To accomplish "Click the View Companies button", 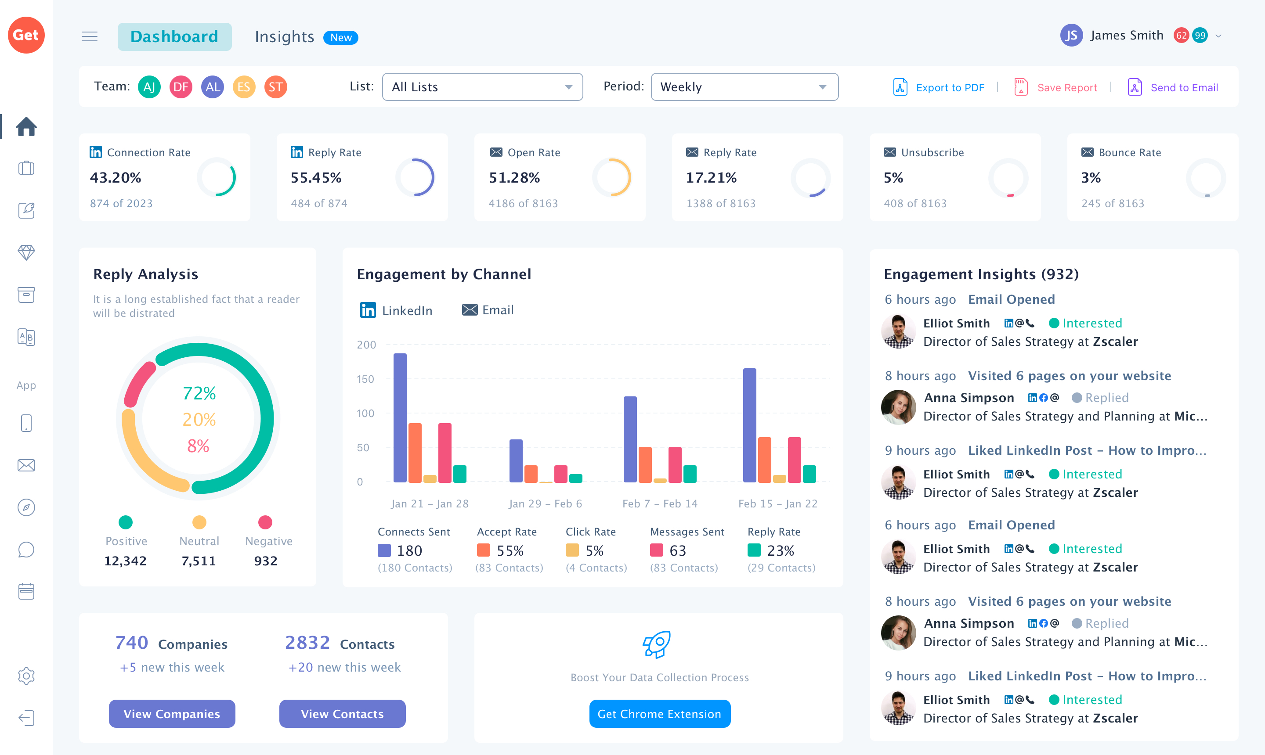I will pyautogui.click(x=172, y=713).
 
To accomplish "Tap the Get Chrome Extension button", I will pyautogui.click(x=659, y=713).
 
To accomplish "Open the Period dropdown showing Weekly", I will pyautogui.click(x=744, y=87).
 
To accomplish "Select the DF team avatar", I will pyautogui.click(x=181, y=87).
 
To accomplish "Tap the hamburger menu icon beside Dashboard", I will pyautogui.click(x=90, y=36).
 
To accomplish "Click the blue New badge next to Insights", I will pyautogui.click(x=340, y=38).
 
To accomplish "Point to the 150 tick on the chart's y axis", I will pyautogui.click(x=365, y=379).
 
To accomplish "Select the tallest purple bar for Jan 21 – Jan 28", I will pyautogui.click(x=400, y=417).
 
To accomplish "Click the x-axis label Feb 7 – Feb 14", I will pyautogui.click(x=660, y=503).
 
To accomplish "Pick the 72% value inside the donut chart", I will pyautogui.click(x=199, y=393).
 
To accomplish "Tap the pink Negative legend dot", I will pyautogui.click(x=265, y=522).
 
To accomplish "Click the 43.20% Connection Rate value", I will pyautogui.click(x=116, y=178).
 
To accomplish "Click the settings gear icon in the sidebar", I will pyautogui.click(x=26, y=676).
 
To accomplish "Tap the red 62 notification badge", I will pyautogui.click(x=1181, y=36).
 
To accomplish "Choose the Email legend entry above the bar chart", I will pyautogui.click(x=488, y=310).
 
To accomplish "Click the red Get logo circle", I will pyautogui.click(x=26, y=35).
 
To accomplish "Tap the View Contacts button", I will pyautogui.click(x=342, y=713).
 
